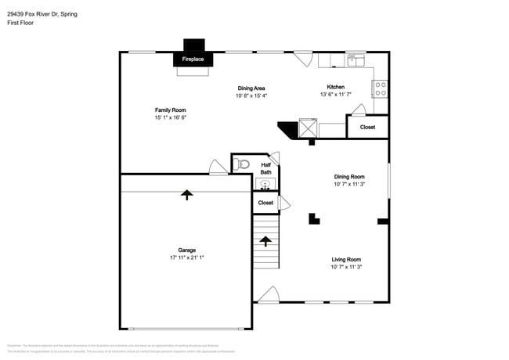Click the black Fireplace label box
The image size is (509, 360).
click(193, 59)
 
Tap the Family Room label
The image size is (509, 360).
click(170, 110)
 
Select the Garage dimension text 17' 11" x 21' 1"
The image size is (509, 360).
click(187, 257)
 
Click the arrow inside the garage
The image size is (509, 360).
click(186, 194)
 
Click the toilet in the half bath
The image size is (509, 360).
click(242, 164)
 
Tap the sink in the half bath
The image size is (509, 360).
click(265, 185)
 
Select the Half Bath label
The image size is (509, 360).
click(265, 168)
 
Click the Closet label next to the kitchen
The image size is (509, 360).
click(367, 127)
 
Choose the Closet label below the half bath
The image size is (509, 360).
click(265, 203)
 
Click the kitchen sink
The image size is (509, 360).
click(356, 59)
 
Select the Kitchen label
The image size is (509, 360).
click(335, 87)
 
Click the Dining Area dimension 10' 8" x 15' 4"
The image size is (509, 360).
click(251, 95)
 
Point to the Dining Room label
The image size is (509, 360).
click(349, 177)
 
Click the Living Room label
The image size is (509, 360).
click(346, 259)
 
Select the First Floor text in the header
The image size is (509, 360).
click(20, 23)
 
